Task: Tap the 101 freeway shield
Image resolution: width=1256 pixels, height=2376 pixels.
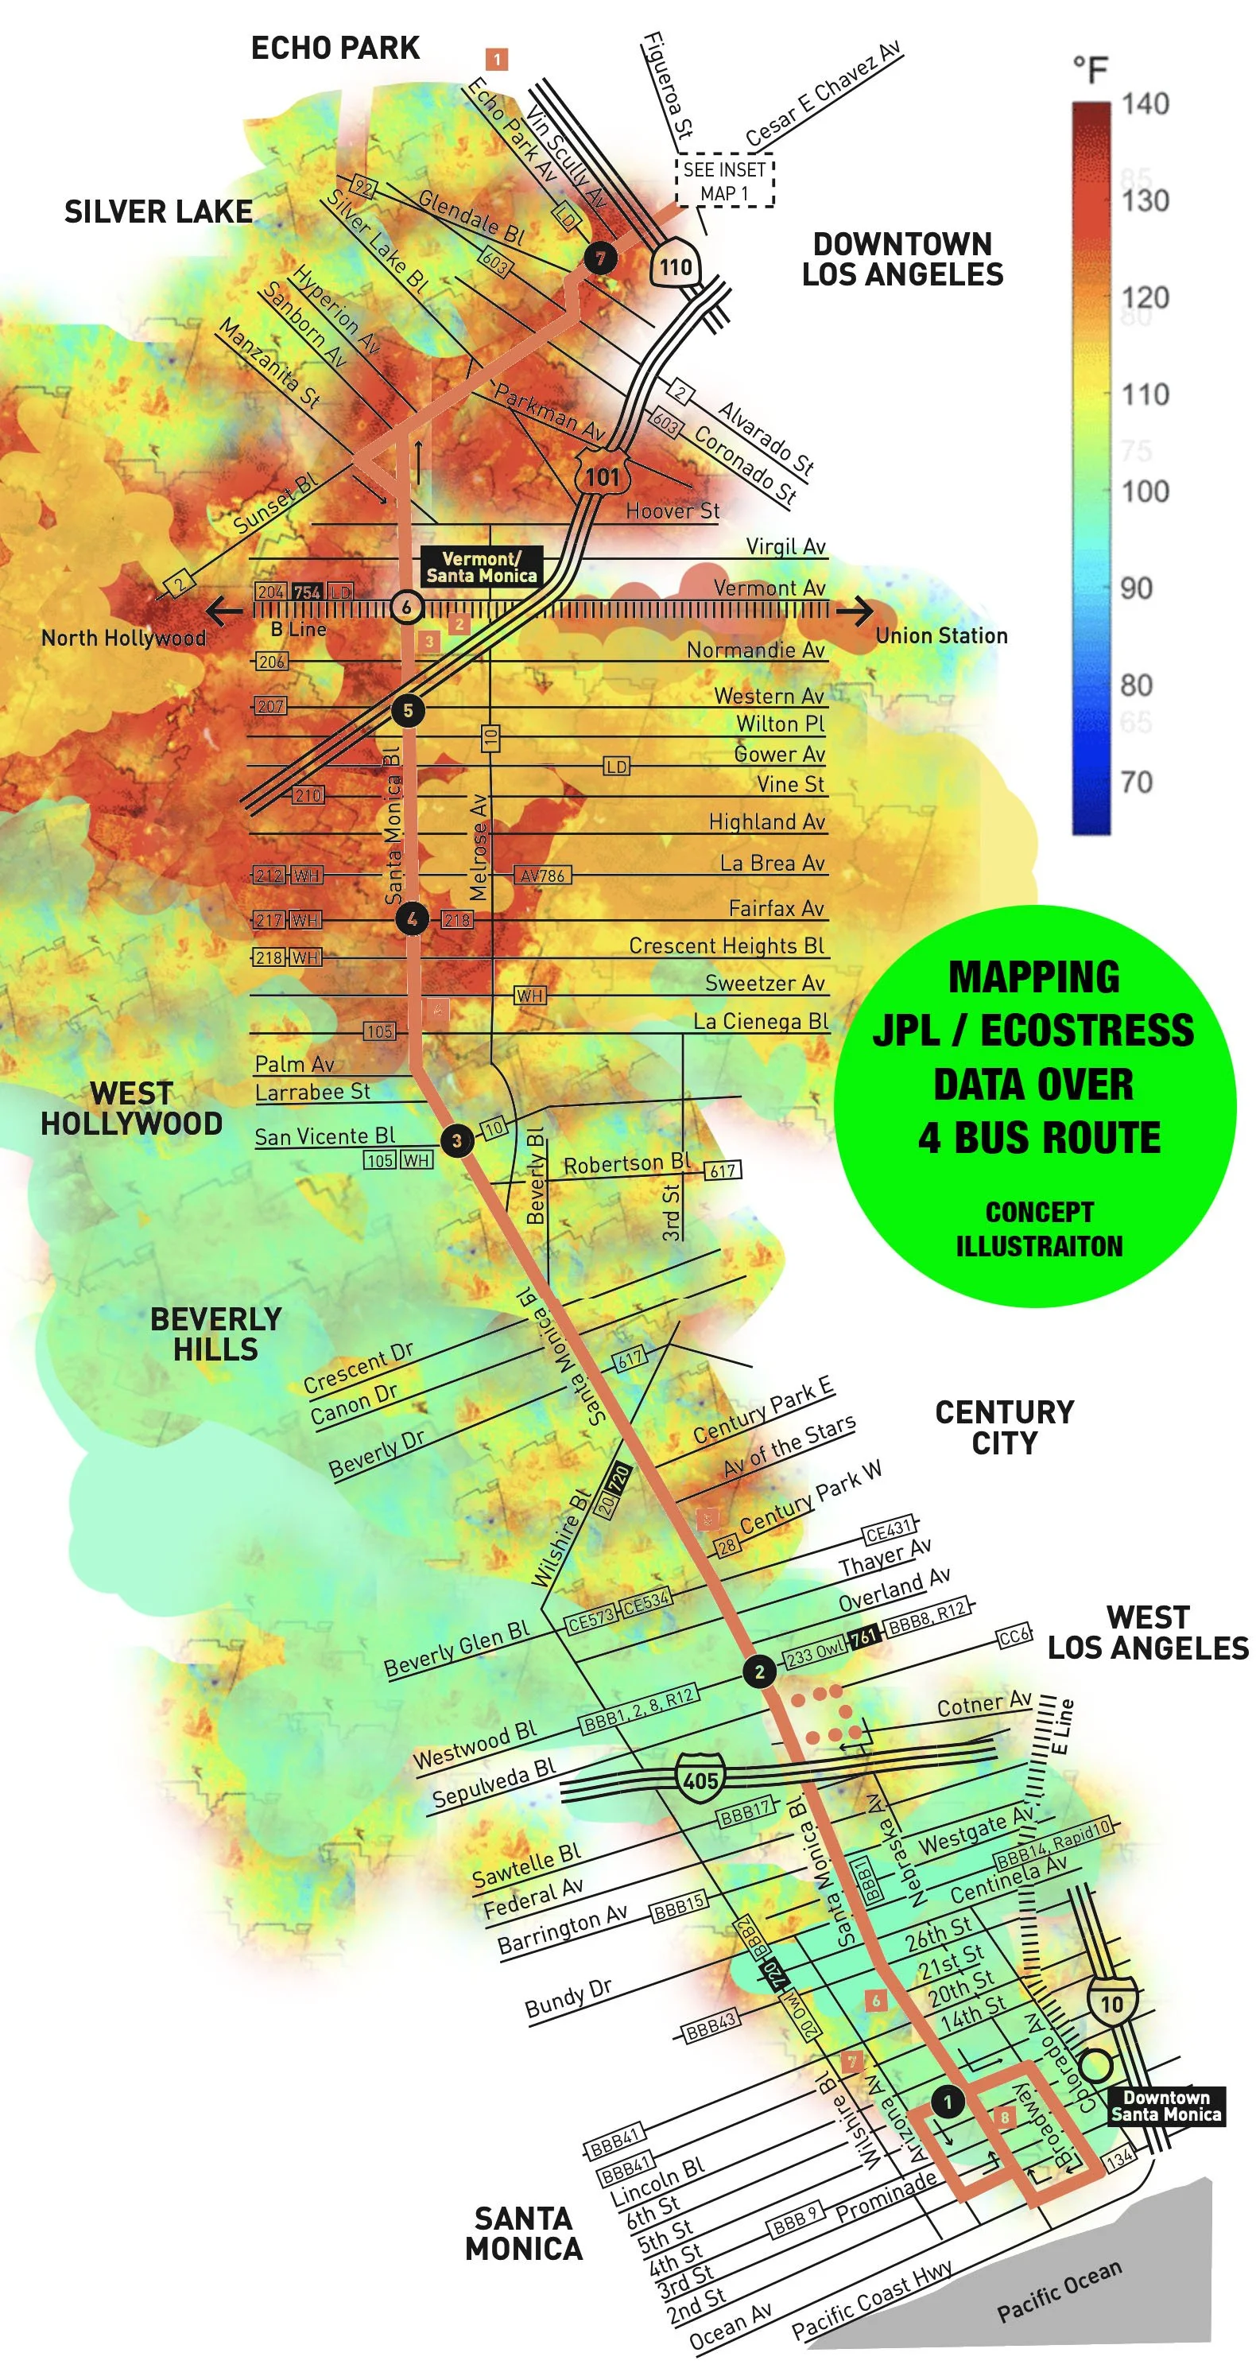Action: click(603, 476)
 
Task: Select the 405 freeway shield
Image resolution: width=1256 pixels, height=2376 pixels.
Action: click(700, 1780)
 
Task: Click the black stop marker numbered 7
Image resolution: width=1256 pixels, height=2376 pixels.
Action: click(600, 258)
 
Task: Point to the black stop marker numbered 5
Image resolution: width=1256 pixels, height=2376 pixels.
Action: click(408, 709)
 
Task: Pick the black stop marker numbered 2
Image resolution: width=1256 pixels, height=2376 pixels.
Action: click(759, 1671)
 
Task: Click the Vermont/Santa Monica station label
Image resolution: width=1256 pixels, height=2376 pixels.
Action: click(482, 566)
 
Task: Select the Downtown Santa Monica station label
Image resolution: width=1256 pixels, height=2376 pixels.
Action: click(1166, 2106)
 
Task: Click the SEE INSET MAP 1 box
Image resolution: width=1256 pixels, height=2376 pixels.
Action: click(725, 181)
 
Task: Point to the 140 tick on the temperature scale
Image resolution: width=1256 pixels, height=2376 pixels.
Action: click(1145, 103)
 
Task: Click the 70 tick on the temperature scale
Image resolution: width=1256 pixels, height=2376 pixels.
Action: click(1136, 782)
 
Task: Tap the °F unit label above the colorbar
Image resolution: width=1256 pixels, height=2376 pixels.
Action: click(1090, 69)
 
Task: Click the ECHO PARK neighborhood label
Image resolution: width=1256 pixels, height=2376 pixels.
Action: click(335, 48)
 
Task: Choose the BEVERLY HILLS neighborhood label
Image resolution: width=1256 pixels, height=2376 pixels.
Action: click(215, 1334)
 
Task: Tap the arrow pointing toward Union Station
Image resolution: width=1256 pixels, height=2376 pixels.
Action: click(854, 610)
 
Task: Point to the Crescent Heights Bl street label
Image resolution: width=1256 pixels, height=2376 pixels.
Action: click(726, 945)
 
